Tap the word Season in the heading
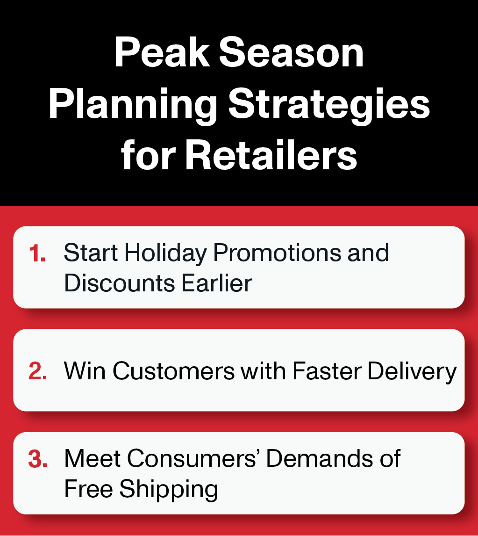(x=291, y=53)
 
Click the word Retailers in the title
(x=271, y=155)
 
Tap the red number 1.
(x=37, y=254)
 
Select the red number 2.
(x=37, y=371)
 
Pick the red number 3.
(x=37, y=459)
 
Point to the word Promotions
(x=277, y=253)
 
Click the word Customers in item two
(x=173, y=371)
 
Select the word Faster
(x=327, y=371)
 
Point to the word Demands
(x=320, y=458)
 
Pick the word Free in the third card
(x=88, y=488)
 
